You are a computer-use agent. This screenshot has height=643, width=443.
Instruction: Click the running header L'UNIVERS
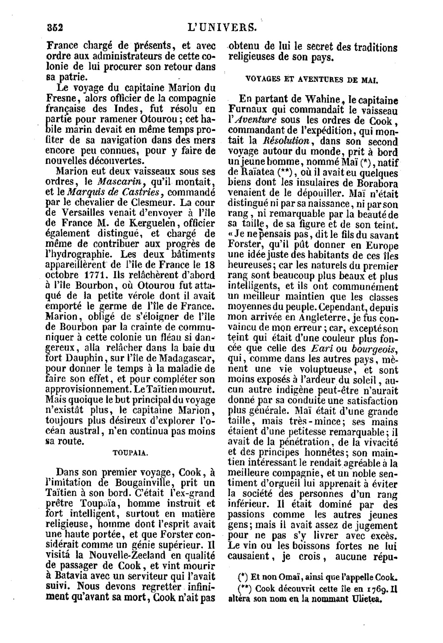tap(222, 27)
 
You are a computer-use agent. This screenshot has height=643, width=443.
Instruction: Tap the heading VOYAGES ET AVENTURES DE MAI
tap(311, 80)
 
